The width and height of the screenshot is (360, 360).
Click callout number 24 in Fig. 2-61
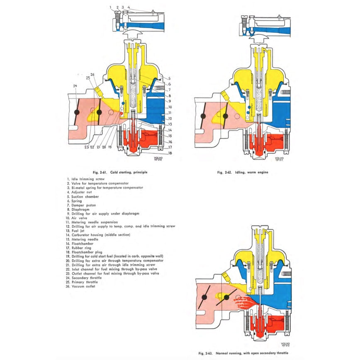coord(75,86)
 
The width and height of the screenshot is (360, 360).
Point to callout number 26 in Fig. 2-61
coord(92,75)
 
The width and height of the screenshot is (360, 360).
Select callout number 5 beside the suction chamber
coord(170,78)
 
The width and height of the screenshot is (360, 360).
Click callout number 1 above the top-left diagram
coord(111,7)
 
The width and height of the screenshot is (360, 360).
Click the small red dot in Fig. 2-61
coord(122,112)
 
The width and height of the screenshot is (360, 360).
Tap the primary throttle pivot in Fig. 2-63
coord(226,297)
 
